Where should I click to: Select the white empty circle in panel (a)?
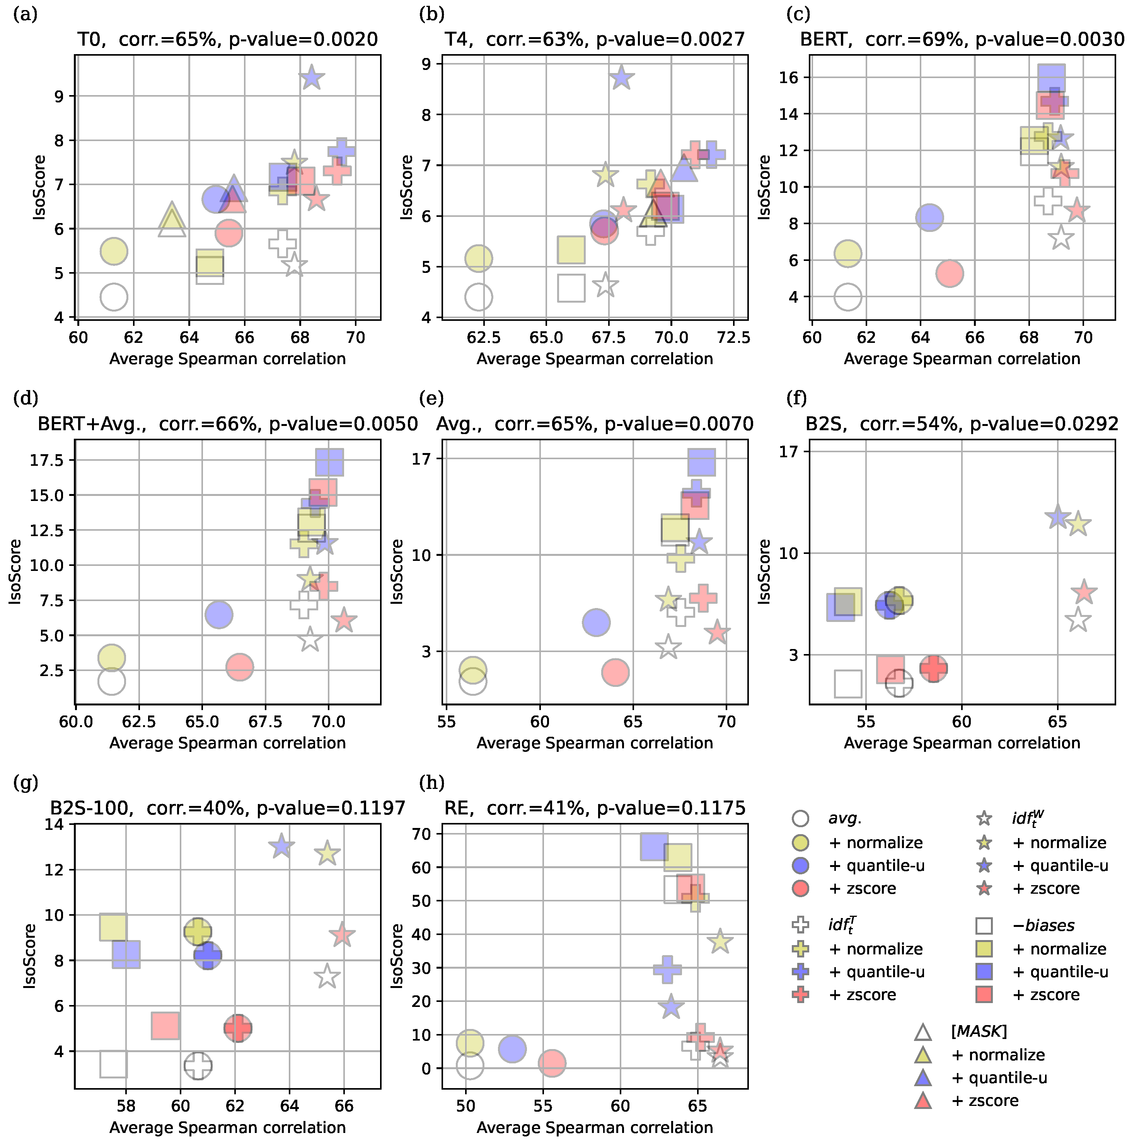coord(114,296)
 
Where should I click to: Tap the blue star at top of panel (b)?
coord(621,78)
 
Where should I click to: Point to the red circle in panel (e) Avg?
coord(615,672)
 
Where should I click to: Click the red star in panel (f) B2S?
coord(1084,592)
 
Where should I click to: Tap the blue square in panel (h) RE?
coord(654,847)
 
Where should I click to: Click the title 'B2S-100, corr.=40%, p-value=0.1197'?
coord(227,808)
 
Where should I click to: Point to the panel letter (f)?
coord(796,398)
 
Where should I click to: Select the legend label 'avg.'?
coord(845,819)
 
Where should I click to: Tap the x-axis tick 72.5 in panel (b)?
coord(733,337)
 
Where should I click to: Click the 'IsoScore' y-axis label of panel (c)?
coord(764,187)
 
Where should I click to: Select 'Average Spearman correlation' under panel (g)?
coord(227,1128)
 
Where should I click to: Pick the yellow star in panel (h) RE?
coord(720,941)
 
